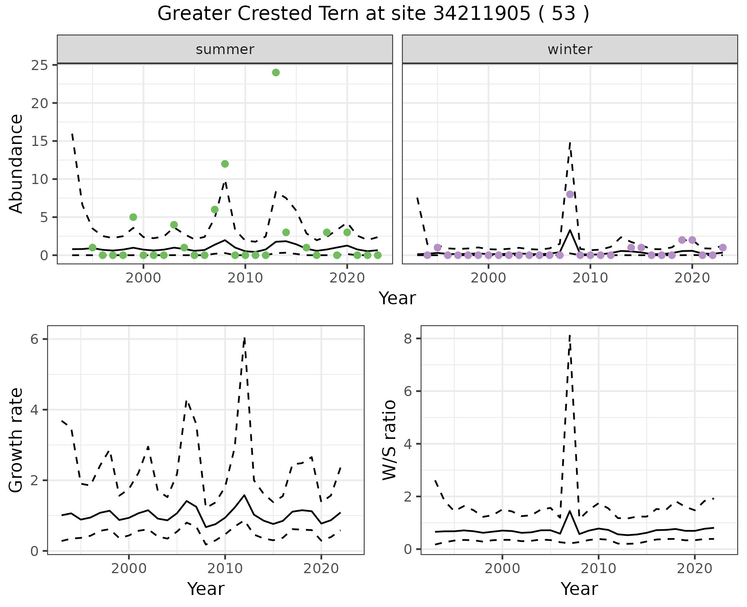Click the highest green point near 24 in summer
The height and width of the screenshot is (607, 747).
click(x=276, y=72)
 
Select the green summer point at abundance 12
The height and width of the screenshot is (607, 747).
click(x=225, y=164)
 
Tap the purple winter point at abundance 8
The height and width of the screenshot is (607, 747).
click(x=570, y=194)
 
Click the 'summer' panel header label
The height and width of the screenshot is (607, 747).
click(x=225, y=49)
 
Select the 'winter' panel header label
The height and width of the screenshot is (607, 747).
click(x=570, y=49)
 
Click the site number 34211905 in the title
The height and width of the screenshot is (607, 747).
click(x=482, y=14)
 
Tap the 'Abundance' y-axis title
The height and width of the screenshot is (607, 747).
click(x=16, y=164)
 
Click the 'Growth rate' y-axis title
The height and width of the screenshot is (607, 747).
click(x=16, y=440)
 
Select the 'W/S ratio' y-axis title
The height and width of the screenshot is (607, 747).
click(x=389, y=440)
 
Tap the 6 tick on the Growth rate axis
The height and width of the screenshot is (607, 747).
click(x=34, y=339)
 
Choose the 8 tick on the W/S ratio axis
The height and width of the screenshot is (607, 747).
click(x=408, y=339)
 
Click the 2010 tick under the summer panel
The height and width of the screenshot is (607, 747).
click(x=245, y=278)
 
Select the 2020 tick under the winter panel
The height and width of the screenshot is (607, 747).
click(x=692, y=278)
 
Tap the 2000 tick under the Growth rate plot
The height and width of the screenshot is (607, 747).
click(x=129, y=568)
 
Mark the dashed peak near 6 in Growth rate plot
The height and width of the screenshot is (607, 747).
click(x=244, y=338)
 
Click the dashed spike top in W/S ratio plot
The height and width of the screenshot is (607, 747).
click(x=570, y=335)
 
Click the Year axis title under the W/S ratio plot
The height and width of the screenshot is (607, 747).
click(x=579, y=589)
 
